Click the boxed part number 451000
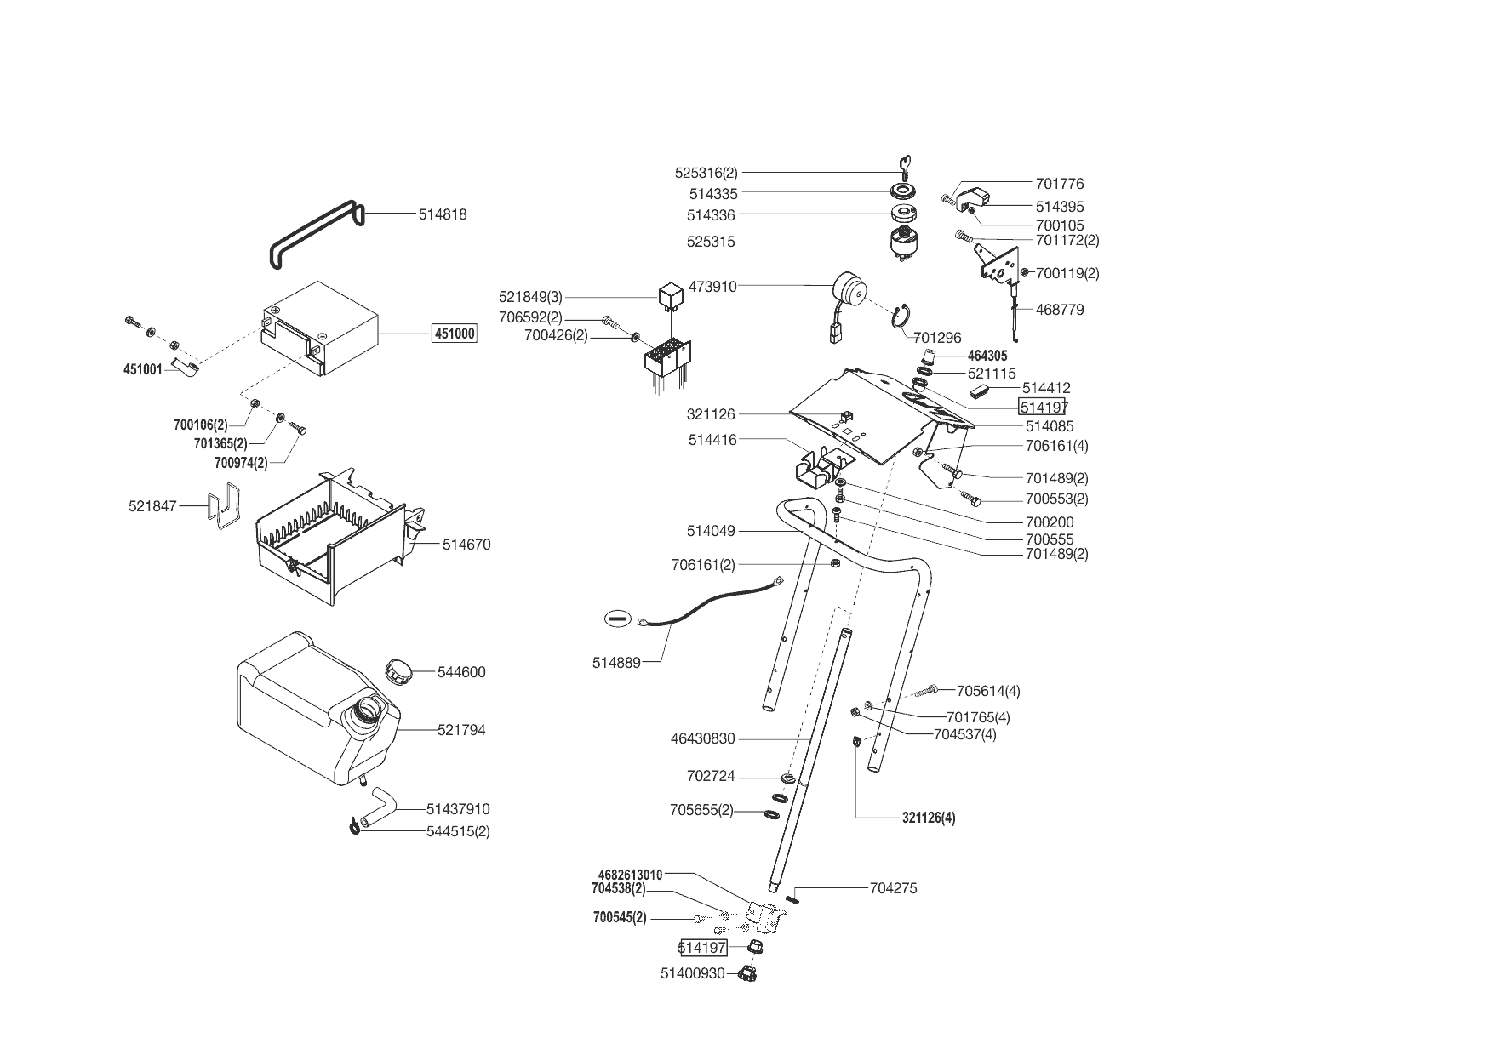[455, 334]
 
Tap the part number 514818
[442, 214]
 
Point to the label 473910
[712, 287]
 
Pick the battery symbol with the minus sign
[617, 619]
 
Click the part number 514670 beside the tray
[466, 545]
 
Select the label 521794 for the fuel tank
[461, 730]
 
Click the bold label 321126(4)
[929, 818]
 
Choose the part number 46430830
[702, 739]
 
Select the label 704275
[893, 888]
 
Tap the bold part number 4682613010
[630, 875]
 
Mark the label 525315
[711, 242]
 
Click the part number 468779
[1060, 310]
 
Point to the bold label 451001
[142, 370]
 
